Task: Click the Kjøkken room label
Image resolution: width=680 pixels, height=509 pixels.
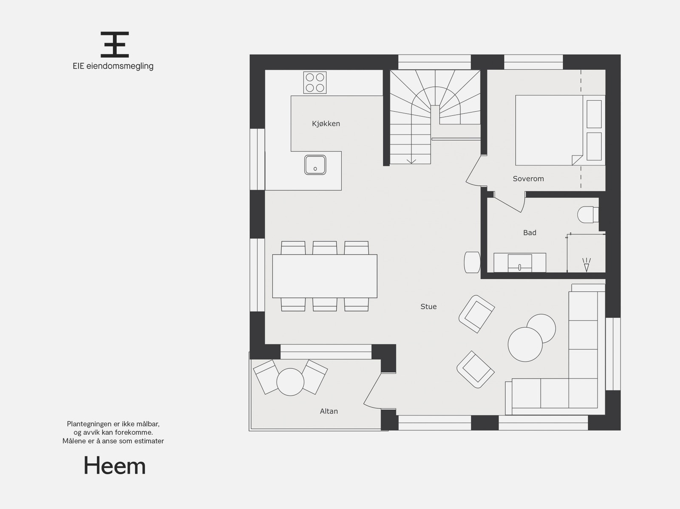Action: pyautogui.click(x=326, y=124)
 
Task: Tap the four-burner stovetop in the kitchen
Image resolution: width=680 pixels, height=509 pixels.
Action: pyautogui.click(x=315, y=82)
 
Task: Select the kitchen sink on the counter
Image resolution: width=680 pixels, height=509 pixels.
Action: pyautogui.click(x=315, y=165)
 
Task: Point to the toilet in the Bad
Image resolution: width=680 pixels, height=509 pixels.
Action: pyautogui.click(x=587, y=214)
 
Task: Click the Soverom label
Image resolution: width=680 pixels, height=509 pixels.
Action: pyautogui.click(x=528, y=178)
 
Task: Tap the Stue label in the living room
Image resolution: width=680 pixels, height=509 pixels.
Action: pyautogui.click(x=428, y=306)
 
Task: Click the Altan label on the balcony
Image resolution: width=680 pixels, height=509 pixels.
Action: pyautogui.click(x=329, y=411)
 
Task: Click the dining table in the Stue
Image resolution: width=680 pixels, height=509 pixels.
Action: pyautogui.click(x=325, y=276)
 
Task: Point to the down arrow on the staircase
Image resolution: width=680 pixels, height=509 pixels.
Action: pyautogui.click(x=411, y=161)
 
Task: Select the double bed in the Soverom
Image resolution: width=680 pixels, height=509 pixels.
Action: pyautogui.click(x=548, y=130)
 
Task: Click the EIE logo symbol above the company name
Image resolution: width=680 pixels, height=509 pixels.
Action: pyautogui.click(x=115, y=44)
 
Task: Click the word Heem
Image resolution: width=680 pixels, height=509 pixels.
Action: pyautogui.click(x=115, y=466)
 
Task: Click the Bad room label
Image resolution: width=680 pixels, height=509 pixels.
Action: pyautogui.click(x=530, y=232)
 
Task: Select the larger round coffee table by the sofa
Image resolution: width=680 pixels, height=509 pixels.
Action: pyautogui.click(x=525, y=344)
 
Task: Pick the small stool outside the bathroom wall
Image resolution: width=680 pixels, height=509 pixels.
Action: pyautogui.click(x=472, y=262)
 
